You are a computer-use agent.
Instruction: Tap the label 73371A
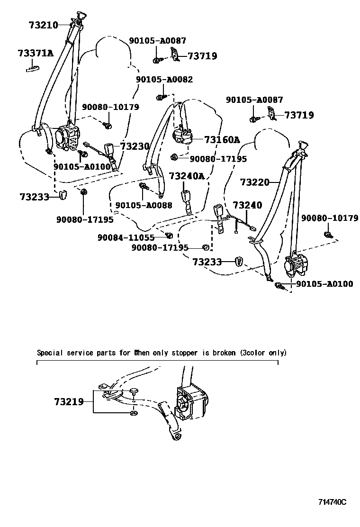(x=36, y=53)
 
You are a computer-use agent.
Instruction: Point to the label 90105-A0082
(x=164, y=80)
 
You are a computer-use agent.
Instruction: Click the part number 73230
(x=135, y=146)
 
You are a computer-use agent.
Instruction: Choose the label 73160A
(x=222, y=139)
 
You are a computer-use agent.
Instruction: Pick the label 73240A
(x=187, y=176)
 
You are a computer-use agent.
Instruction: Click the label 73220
(x=254, y=182)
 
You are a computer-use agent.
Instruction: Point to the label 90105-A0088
(x=144, y=205)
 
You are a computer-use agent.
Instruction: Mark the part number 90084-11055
(x=126, y=237)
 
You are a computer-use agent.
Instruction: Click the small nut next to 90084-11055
(x=168, y=236)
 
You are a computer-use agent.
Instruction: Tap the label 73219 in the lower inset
(x=69, y=402)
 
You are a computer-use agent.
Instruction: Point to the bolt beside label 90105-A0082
(x=160, y=97)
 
